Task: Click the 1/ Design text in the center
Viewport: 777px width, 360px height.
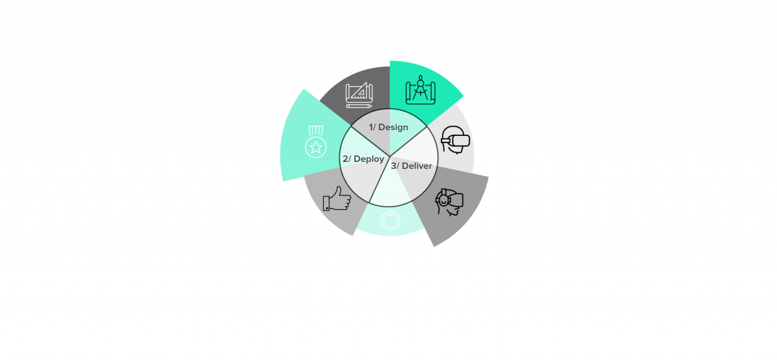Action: (388, 127)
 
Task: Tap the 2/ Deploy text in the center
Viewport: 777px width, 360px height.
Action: (363, 159)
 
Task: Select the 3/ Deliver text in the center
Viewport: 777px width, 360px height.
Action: (411, 166)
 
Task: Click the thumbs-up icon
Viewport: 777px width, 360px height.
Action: (336, 199)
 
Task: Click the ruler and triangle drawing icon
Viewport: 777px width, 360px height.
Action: (359, 95)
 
